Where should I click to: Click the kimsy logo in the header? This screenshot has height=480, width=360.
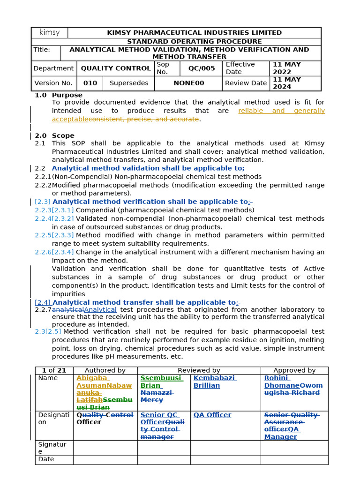pyautogui.click(x=50, y=33)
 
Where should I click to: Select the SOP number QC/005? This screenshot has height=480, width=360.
pyautogui.click(x=202, y=68)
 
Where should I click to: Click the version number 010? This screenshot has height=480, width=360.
pyautogui.click(x=90, y=83)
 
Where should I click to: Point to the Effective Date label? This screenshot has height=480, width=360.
pyautogui.click(x=240, y=68)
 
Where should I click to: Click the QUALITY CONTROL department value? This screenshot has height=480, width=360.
pyautogui.click(x=116, y=68)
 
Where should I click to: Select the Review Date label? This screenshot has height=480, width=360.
pyautogui.click(x=246, y=83)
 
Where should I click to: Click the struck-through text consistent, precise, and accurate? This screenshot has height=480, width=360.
pyautogui.click(x=143, y=119)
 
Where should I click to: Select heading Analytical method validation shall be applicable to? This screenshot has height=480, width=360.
pyautogui.click(x=148, y=168)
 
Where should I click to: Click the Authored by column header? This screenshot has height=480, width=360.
pyautogui.click(x=105, y=370)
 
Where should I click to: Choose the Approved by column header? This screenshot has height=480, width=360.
pyautogui.click(x=294, y=370)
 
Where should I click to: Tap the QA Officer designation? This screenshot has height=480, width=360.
pyautogui.click(x=212, y=415)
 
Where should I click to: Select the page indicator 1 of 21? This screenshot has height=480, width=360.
pyautogui.click(x=54, y=370)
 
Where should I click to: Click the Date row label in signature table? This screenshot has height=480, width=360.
pyautogui.click(x=46, y=459)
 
